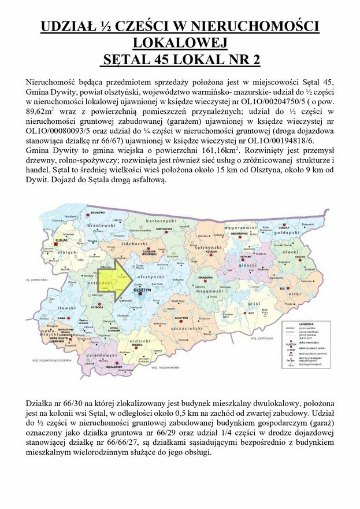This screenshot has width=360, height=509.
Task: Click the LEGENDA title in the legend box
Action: click(x=306, y=324)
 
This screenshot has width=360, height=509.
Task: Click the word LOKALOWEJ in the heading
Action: click(x=180, y=43)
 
